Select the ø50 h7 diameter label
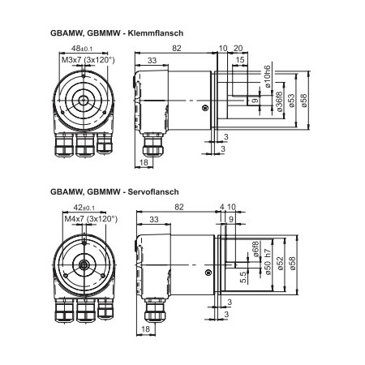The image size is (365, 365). [268, 260]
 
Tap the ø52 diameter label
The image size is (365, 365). [281, 264]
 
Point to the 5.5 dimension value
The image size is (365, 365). [243, 277]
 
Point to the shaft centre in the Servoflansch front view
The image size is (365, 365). [84, 264]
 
